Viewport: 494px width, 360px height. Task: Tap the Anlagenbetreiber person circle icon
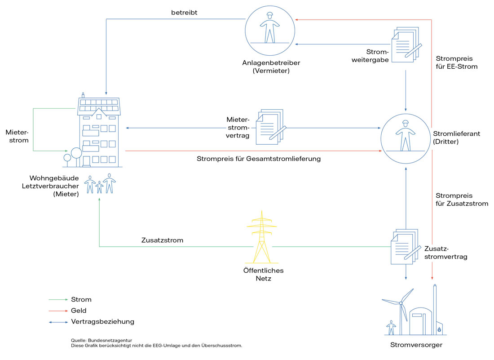coord(270,31)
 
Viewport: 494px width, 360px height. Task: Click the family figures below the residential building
coord(100,184)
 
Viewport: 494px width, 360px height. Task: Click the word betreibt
coord(184,13)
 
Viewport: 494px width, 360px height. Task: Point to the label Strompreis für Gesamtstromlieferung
coord(258,159)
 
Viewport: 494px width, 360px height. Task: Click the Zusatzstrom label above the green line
coord(162,240)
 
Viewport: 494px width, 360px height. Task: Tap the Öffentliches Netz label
coord(263,275)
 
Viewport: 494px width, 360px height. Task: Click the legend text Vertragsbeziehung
coord(102,322)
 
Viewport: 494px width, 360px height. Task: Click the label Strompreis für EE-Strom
coord(456,62)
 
